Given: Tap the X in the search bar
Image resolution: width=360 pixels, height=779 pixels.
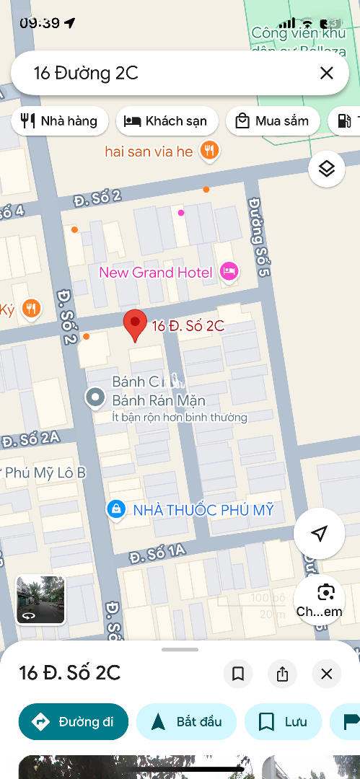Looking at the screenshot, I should click(x=326, y=73).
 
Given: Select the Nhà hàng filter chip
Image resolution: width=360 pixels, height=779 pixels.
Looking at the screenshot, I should click(x=60, y=121).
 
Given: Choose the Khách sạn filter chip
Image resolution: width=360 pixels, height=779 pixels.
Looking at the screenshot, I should click(x=165, y=121).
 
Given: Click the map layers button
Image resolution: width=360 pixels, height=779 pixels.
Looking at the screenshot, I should click(x=327, y=169).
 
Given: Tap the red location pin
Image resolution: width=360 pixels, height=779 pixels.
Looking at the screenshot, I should click(x=135, y=325).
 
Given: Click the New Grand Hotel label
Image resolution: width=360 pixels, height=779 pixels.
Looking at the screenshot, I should click(x=156, y=273).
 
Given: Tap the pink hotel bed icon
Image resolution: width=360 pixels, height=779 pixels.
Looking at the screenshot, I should click(x=229, y=272).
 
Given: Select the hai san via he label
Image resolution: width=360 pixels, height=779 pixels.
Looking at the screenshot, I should click(x=149, y=151).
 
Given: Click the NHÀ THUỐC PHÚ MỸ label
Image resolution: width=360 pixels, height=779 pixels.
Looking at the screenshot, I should click(x=203, y=511).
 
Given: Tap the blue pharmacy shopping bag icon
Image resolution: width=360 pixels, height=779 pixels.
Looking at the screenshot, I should click(x=115, y=509).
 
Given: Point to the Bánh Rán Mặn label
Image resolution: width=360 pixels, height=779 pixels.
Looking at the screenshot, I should click(x=159, y=400).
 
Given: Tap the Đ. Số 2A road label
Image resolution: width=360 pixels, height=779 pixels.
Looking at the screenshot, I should click(x=30, y=439).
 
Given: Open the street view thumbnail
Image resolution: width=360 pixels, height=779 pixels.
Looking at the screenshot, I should click(x=41, y=599).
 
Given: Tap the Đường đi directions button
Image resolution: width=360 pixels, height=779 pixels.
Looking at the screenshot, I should click(x=74, y=722).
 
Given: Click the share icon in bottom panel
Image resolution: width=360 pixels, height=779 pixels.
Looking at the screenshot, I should click(x=282, y=674).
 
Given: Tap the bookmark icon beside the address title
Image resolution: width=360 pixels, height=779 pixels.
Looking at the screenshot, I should click(x=237, y=674).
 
